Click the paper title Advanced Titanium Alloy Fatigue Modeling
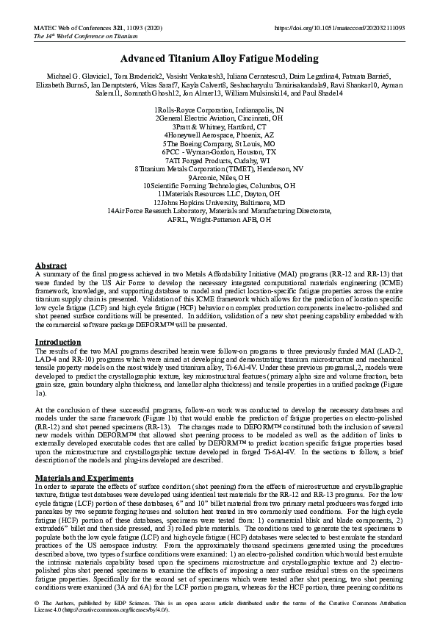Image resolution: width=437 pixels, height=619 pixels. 218,59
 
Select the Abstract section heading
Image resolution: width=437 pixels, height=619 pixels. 51,265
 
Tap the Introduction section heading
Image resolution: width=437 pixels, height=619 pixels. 58,343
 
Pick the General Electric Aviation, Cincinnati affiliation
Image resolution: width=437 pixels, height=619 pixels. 218,118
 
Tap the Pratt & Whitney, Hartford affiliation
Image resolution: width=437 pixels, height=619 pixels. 218,126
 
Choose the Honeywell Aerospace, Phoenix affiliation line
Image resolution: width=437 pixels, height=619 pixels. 218,135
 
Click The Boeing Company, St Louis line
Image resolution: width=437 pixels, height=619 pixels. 218,144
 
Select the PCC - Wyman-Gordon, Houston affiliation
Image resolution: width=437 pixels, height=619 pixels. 218,152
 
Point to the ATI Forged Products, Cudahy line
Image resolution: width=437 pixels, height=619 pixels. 218,160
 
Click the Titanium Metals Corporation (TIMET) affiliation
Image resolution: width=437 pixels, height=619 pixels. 218,169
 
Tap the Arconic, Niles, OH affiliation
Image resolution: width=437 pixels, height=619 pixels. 218,178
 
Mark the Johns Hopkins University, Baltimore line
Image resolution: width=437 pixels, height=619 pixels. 218,202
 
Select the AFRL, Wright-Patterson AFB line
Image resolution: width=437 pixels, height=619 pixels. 218,219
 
